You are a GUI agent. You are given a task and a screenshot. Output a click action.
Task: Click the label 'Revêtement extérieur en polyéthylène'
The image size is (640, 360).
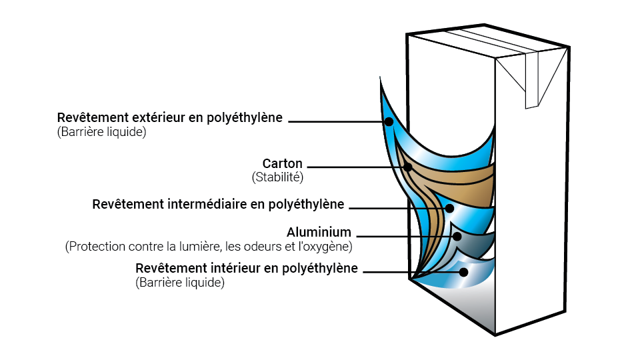click(x=170, y=118)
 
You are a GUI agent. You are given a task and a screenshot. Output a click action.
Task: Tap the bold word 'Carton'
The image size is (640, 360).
click(x=282, y=164)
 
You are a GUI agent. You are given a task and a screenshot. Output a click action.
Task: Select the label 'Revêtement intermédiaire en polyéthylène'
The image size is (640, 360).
click(x=218, y=204)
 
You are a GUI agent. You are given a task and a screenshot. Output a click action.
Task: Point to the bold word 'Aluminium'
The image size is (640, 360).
click(x=319, y=233)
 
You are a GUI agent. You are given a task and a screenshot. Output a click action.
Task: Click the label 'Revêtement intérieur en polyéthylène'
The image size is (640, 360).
click(x=247, y=268)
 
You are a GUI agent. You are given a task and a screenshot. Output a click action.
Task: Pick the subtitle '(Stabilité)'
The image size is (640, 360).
click(x=277, y=178)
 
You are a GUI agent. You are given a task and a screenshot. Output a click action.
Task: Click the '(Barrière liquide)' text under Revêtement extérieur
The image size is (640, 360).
click(x=101, y=132)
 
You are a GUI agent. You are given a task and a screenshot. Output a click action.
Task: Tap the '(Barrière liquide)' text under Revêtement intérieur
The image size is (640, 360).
click(x=180, y=283)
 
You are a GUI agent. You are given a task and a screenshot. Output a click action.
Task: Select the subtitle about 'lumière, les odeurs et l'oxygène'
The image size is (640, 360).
click(x=209, y=247)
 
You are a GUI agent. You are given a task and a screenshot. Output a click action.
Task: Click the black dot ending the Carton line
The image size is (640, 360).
click(x=407, y=167)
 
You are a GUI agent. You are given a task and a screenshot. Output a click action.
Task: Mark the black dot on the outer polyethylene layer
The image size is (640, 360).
click(x=389, y=121)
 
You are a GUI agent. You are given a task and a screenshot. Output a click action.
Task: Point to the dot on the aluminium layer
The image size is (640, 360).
click(x=457, y=235)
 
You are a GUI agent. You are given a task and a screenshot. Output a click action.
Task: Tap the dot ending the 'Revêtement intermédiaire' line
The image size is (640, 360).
click(x=449, y=208)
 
